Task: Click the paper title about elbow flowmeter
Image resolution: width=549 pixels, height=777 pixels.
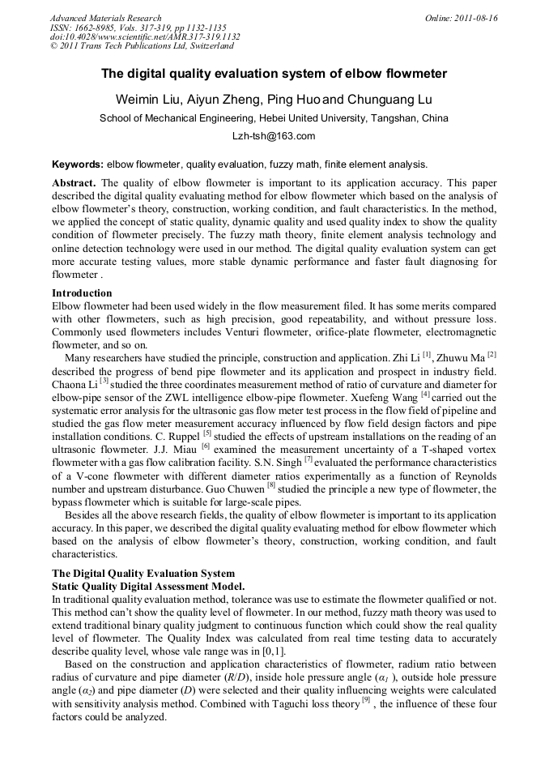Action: click(274, 74)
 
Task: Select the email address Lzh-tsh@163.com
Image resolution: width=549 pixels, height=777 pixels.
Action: click(274, 136)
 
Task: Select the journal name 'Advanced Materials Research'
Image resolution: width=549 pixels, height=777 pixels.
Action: click(105, 18)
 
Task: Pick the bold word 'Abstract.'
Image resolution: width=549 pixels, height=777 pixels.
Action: click(74, 183)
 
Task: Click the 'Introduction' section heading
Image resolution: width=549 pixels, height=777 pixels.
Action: click(82, 292)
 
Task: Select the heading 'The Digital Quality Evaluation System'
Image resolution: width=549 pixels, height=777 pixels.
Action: click(143, 573)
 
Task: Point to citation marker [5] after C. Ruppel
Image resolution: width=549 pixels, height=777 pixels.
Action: click(206, 433)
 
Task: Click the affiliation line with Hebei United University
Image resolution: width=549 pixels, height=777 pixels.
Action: click(274, 118)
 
